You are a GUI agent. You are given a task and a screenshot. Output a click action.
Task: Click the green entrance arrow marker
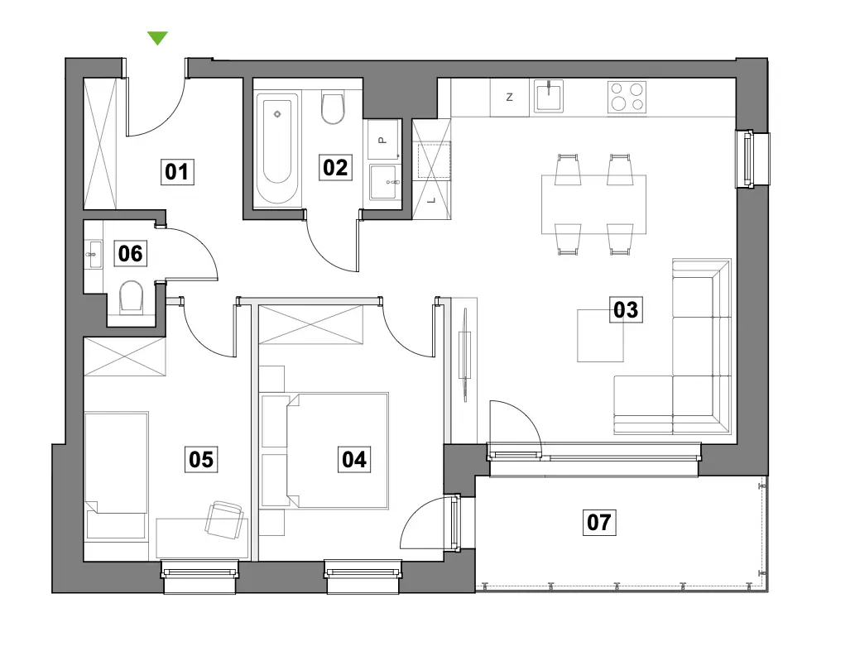pyautogui.click(x=157, y=37)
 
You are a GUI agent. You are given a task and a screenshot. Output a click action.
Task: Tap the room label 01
pyautogui.click(x=177, y=172)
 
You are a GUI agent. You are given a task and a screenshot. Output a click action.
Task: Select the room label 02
pyautogui.click(x=335, y=167)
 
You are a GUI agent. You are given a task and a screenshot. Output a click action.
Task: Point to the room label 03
pyautogui.click(x=626, y=309)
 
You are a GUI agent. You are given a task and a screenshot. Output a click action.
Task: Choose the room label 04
pyautogui.click(x=354, y=460)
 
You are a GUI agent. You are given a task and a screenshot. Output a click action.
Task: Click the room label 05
pyautogui.click(x=201, y=460)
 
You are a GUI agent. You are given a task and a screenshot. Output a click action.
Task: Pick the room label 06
pyautogui.click(x=130, y=253)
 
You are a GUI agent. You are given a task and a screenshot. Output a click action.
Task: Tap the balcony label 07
pyautogui.click(x=599, y=522)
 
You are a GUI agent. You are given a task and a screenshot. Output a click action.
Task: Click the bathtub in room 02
pyautogui.click(x=277, y=148)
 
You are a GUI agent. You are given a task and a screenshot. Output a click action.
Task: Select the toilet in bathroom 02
pyautogui.click(x=333, y=108)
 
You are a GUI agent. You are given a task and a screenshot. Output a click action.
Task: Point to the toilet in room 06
pyautogui.click(x=131, y=297)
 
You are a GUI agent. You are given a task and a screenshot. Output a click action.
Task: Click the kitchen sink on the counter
pyautogui.click(x=548, y=95)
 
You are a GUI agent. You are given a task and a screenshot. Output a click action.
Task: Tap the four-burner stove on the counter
pyautogui.click(x=627, y=97)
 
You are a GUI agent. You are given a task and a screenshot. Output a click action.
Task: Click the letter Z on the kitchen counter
pyautogui.click(x=510, y=97)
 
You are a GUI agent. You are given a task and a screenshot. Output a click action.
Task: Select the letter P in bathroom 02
pyautogui.click(x=382, y=140)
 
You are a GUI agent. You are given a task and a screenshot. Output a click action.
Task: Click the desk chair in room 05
pyautogui.click(x=224, y=519)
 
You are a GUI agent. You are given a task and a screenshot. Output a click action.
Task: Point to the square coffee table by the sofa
pyautogui.click(x=600, y=335)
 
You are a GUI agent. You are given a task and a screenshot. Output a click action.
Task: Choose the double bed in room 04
pyautogui.click(x=337, y=451)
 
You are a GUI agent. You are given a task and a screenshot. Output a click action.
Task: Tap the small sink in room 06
pyautogui.click(x=94, y=255)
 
